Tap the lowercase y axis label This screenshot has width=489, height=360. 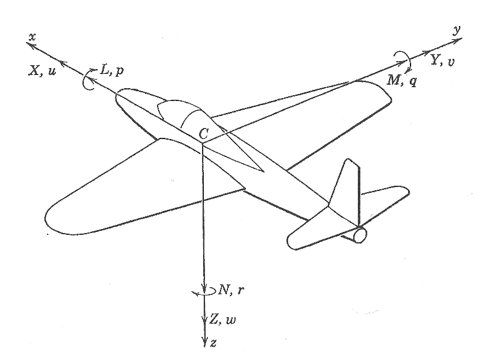[x=457, y=30]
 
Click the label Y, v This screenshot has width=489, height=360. [x=442, y=59]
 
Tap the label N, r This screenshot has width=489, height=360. [x=232, y=290]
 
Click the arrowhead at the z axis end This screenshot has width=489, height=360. [x=204, y=343]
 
